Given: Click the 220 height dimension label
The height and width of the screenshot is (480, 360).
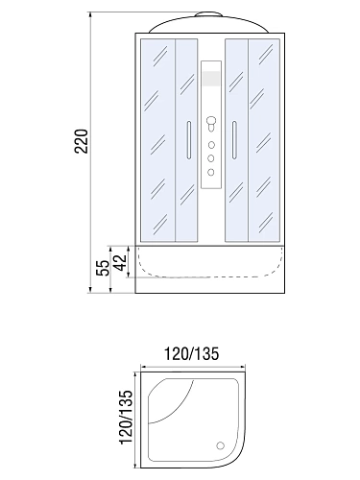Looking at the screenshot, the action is point(81,141).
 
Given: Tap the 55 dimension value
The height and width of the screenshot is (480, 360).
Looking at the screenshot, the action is point(103,268).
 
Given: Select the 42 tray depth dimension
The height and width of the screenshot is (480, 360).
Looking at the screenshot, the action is point(121,262).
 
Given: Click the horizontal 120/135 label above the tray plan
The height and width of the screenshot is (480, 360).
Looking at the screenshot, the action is point(191,354).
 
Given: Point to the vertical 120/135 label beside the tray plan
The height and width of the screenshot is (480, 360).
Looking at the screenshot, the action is point(126,417).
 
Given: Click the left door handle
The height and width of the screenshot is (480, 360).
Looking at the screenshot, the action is point(189,140).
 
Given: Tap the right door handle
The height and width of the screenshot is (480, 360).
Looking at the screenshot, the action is point(234,140).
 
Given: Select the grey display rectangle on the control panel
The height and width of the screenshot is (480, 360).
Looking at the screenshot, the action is point(211,79).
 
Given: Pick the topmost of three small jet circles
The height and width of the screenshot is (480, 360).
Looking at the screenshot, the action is point(211,145).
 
